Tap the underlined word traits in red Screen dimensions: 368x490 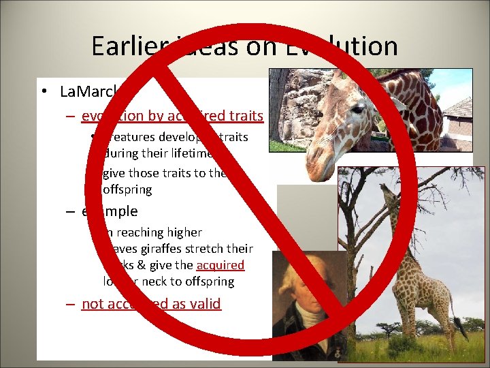coord(244,117)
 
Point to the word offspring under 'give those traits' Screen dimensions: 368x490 coord(127,189)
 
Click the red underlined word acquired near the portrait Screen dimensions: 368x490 coord(220,265)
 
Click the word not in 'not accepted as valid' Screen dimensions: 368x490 coord(91,304)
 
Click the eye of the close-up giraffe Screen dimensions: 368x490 coord(357,109)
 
